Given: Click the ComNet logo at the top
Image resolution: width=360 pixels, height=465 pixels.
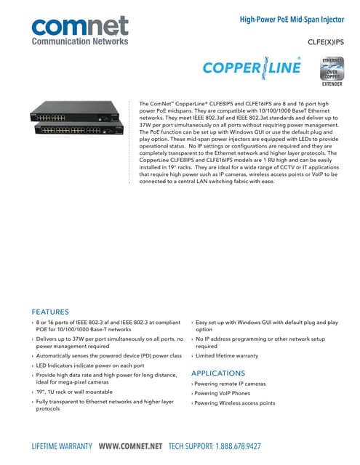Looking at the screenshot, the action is click(x=79, y=28).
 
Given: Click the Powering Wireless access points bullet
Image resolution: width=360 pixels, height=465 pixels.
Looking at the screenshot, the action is click(x=236, y=403).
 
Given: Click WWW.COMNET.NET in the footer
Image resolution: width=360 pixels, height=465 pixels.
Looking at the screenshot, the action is click(x=130, y=446).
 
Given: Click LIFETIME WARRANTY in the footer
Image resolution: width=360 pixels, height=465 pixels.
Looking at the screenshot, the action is click(x=63, y=446).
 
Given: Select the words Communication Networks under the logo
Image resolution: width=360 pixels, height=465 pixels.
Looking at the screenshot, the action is click(x=79, y=43).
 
